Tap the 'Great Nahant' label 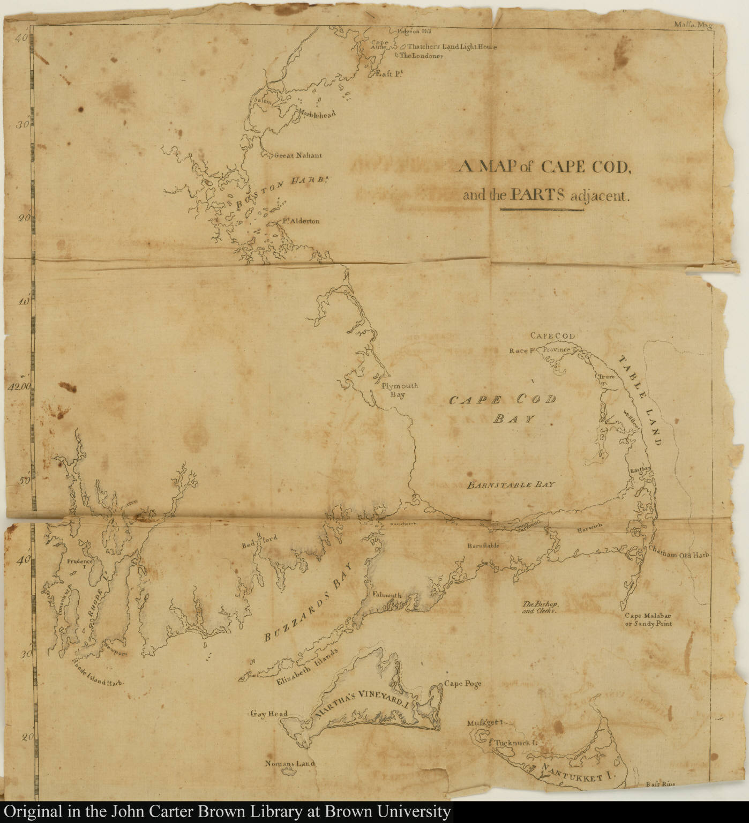click(298, 156)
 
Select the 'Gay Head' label click(269, 714)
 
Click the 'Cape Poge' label click(462, 684)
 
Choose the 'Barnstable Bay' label click(511, 484)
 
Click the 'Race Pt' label click(523, 351)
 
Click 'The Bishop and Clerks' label click(540, 607)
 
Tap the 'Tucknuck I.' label click(515, 743)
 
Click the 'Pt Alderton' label click(301, 221)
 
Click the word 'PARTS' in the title click(538, 194)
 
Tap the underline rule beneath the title click(542, 210)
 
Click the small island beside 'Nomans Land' click(291, 772)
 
